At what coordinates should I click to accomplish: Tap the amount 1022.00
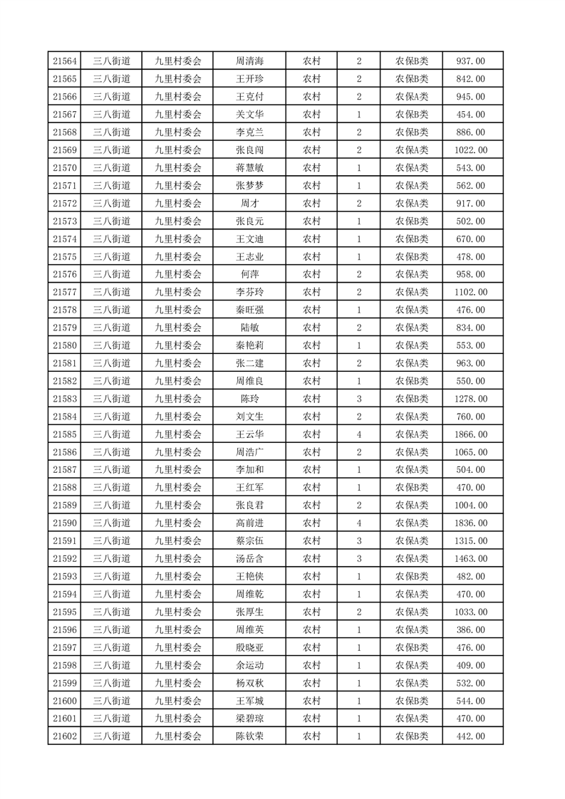(x=471, y=150)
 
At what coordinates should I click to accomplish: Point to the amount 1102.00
(x=471, y=292)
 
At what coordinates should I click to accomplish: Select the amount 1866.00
(x=471, y=434)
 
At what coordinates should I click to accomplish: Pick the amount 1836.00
(x=471, y=523)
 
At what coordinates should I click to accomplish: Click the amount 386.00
(x=471, y=630)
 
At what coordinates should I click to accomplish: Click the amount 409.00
(x=471, y=665)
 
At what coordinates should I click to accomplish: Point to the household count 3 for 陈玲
(x=358, y=399)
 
